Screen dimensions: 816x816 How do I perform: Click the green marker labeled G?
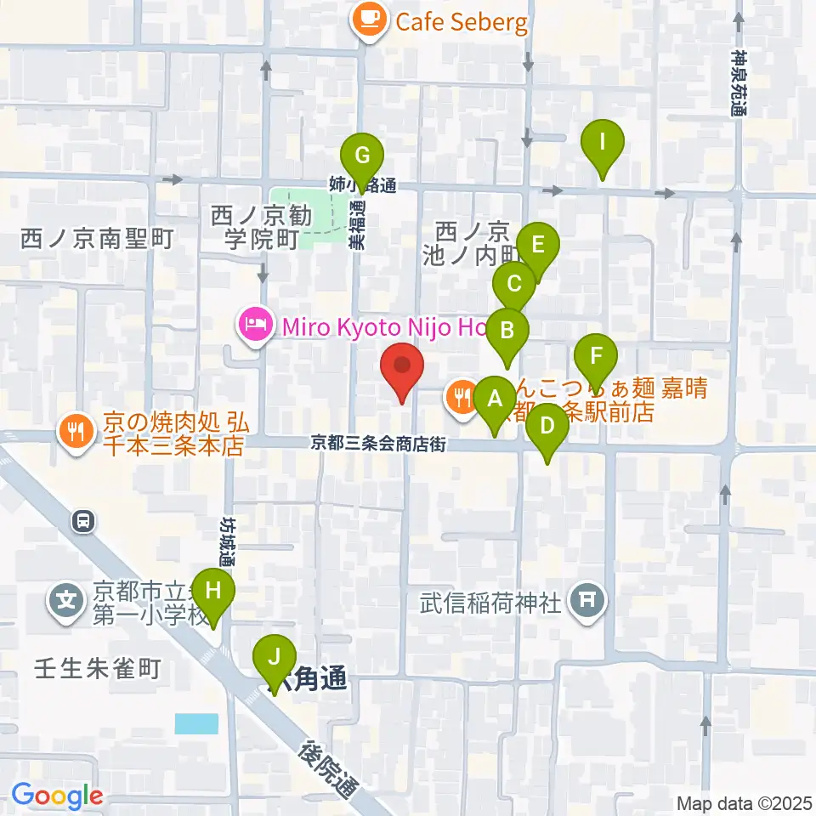tap(362, 156)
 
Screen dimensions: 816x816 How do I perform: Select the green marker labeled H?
tap(213, 588)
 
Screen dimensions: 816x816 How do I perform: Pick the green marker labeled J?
tap(274, 657)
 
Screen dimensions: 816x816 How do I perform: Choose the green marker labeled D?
tap(547, 424)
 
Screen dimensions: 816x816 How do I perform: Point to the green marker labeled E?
tap(538, 245)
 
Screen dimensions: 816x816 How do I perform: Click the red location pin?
tap(401, 367)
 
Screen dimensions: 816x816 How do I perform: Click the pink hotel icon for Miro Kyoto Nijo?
tap(254, 324)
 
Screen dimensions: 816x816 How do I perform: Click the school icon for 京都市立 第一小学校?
tap(65, 601)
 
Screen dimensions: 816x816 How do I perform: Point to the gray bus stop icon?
tap(83, 519)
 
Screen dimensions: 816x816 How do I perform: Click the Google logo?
tap(58, 796)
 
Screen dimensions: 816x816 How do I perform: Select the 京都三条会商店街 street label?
tap(377, 443)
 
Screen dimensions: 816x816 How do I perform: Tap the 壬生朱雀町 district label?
tap(97, 669)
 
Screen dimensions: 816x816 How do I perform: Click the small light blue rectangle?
tap(196, 723)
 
